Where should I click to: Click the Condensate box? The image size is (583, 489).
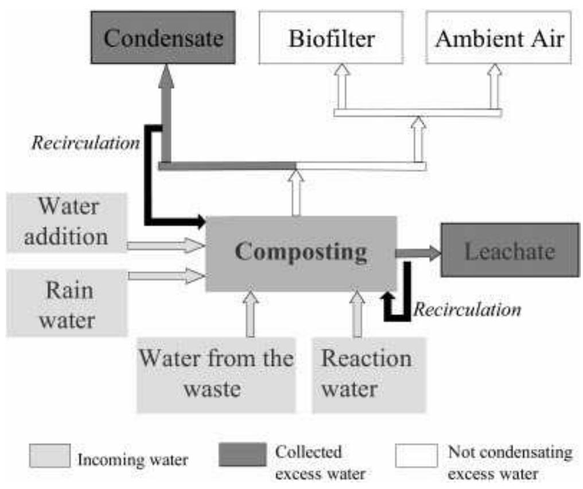click(163, 37)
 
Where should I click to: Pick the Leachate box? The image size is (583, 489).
click(510, 251)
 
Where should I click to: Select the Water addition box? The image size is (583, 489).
click(66, 222)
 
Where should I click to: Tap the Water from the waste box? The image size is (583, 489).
click(216, 374)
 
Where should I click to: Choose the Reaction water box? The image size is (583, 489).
click(368, 374)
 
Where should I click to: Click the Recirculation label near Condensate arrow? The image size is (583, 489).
click(85, 143)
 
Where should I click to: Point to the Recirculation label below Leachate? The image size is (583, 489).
click(467, 310)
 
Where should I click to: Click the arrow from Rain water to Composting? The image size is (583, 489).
click(165, 276)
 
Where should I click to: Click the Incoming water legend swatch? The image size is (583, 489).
click(50, 456)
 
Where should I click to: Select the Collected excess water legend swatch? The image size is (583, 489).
click(243, 456)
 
